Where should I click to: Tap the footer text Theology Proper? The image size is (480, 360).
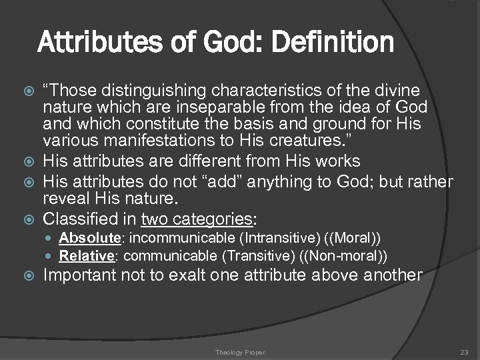tap(239, 352)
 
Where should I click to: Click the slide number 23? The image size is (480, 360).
tap(464, 352)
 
